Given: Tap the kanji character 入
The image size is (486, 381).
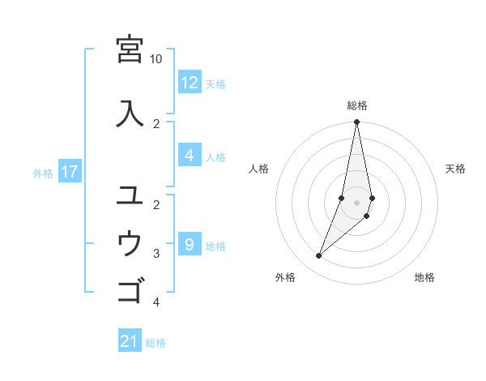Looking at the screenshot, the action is click(x=130, y=112).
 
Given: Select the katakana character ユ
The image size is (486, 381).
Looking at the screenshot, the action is click(x=130, y=195).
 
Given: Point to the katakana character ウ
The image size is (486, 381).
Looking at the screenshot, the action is click(x=130, y=242).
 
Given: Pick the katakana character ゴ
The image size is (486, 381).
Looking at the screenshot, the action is click(x=130, y=289).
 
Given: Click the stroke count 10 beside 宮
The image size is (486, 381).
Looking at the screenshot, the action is click(x=156, y=59).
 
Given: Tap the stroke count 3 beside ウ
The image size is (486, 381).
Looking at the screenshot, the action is click(x=156, y=254).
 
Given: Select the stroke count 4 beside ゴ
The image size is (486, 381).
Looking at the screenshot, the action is click(x=156, y=302).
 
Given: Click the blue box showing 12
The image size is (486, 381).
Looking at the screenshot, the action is click(x=189, y=83).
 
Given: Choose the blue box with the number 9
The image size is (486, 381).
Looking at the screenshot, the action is click(x=189, y=244).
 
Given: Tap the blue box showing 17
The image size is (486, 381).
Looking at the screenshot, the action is click(x=69, y=172).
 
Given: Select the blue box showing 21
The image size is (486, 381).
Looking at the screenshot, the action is click(x=130, y=341).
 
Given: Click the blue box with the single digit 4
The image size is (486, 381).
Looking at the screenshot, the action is click(x=189, y=156).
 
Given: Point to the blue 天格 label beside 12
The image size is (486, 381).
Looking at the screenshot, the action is click(x=215, y=84).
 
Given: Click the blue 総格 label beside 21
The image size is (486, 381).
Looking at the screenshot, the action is click(x=156, y=343).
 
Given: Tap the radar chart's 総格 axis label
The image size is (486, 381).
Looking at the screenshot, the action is click(x=357, y=105).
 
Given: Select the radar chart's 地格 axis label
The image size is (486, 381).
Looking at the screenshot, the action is click(x=424, y=277).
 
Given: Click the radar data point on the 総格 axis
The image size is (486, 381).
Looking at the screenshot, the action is click(x=357, y=122).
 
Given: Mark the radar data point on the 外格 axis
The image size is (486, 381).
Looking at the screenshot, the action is click(x=318, y=256).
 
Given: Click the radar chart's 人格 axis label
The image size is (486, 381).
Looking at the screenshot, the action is click(x=259, y=169).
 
